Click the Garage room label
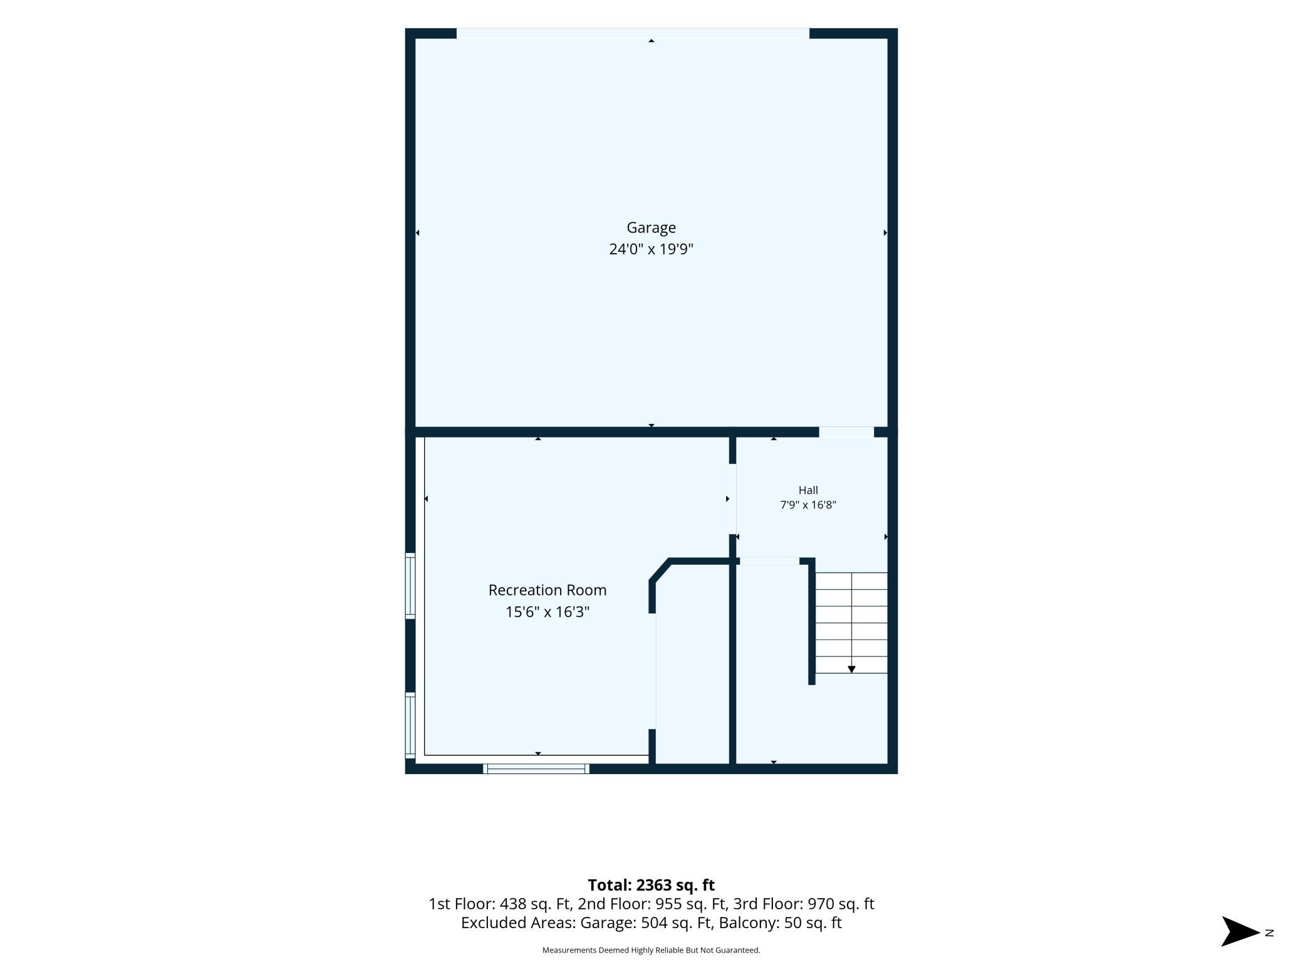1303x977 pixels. coord(651,227)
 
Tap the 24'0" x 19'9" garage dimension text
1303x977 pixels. coord(651,249)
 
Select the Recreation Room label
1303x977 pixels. coord(548,590)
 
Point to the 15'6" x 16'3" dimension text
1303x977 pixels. coord(548,612)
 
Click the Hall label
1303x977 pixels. coord(808,490)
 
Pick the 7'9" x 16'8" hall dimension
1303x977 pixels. coord(808,505)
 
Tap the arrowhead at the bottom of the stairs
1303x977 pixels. coord(851,669)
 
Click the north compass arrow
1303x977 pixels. coord(1240,931)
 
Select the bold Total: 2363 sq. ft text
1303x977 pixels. coord(651,885)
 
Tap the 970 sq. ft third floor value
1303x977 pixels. coord(841,904)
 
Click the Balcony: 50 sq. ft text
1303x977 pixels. coord(781,923)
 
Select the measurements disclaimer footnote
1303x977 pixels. coord(651,950)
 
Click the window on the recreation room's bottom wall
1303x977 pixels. coord(536,768)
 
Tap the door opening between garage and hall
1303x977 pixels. coord(846,432)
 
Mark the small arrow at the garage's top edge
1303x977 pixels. coord(651,41)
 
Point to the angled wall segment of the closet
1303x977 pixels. coord(660,570)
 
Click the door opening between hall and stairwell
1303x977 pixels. coord(770,561)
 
